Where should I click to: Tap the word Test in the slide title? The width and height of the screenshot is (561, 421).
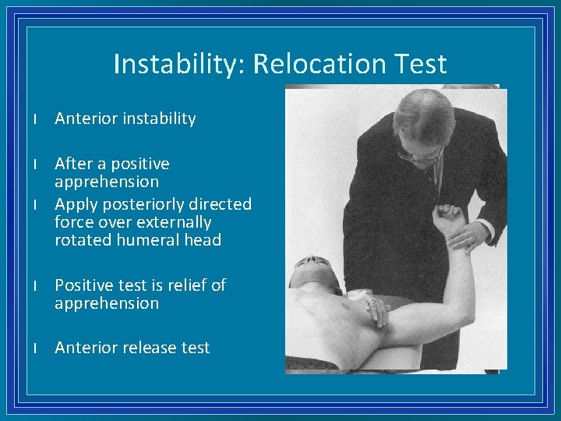421,64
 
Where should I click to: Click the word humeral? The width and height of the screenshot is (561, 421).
153,240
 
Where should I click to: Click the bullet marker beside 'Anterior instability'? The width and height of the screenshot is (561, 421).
36,119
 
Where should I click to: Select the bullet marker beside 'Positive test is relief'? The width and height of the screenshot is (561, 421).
36,286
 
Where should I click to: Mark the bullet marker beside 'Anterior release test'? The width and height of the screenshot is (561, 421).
36,348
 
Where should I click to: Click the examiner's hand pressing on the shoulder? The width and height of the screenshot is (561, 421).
378,311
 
